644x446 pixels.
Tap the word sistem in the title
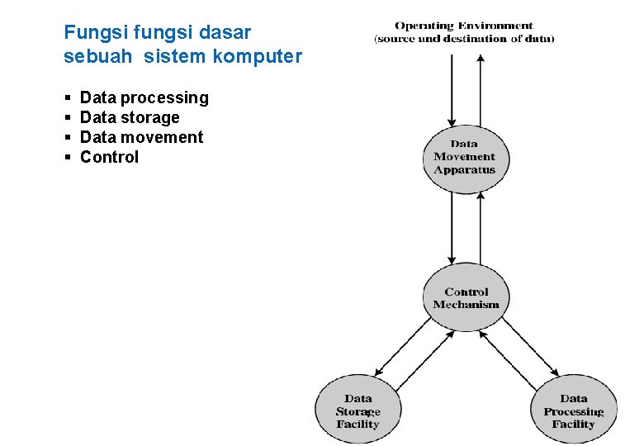(174, 57)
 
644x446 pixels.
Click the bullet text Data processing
(144, 98)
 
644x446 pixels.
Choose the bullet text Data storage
(129, 118)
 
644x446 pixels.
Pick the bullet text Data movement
(141, 138)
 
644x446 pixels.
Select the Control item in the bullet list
(109, 158)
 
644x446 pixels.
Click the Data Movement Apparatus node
(465, 158)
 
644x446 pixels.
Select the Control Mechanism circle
(466, 297)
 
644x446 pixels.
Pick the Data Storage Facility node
(358, 411)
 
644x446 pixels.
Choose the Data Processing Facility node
(574, 411)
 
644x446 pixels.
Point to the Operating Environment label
(464, 26)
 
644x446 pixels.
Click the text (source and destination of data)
(464, 39)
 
